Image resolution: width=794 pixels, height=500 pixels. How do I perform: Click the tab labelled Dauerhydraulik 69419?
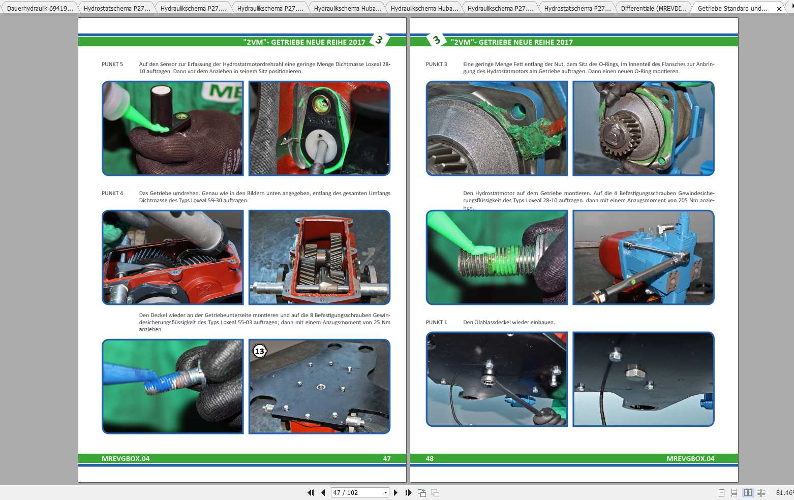coord(40,8)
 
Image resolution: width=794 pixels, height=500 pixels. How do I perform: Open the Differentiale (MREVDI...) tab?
coord(654,8)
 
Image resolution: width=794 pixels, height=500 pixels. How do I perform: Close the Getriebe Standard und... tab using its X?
coord(779,9)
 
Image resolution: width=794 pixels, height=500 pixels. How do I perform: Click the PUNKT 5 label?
coord(112,64)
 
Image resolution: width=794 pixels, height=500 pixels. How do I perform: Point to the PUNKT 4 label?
coord(112,193)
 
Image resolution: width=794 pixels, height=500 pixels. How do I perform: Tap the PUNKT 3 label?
coord(436,64)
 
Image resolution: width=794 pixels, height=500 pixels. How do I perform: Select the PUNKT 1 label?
coord(436,322)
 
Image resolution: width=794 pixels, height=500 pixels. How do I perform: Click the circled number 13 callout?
coord(259,351)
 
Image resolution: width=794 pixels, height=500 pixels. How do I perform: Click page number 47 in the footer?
coord(387,458)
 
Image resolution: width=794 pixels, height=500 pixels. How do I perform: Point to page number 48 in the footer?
coord(430,458)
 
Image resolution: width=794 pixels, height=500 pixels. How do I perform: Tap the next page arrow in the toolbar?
coord(395,492)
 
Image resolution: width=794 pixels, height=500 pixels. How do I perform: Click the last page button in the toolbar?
coord(408,492)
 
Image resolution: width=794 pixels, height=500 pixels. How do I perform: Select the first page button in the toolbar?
coord(311,492)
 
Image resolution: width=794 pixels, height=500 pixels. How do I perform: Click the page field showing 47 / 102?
coord(360,492)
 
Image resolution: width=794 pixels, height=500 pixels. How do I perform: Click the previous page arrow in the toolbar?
coord(323,492)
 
